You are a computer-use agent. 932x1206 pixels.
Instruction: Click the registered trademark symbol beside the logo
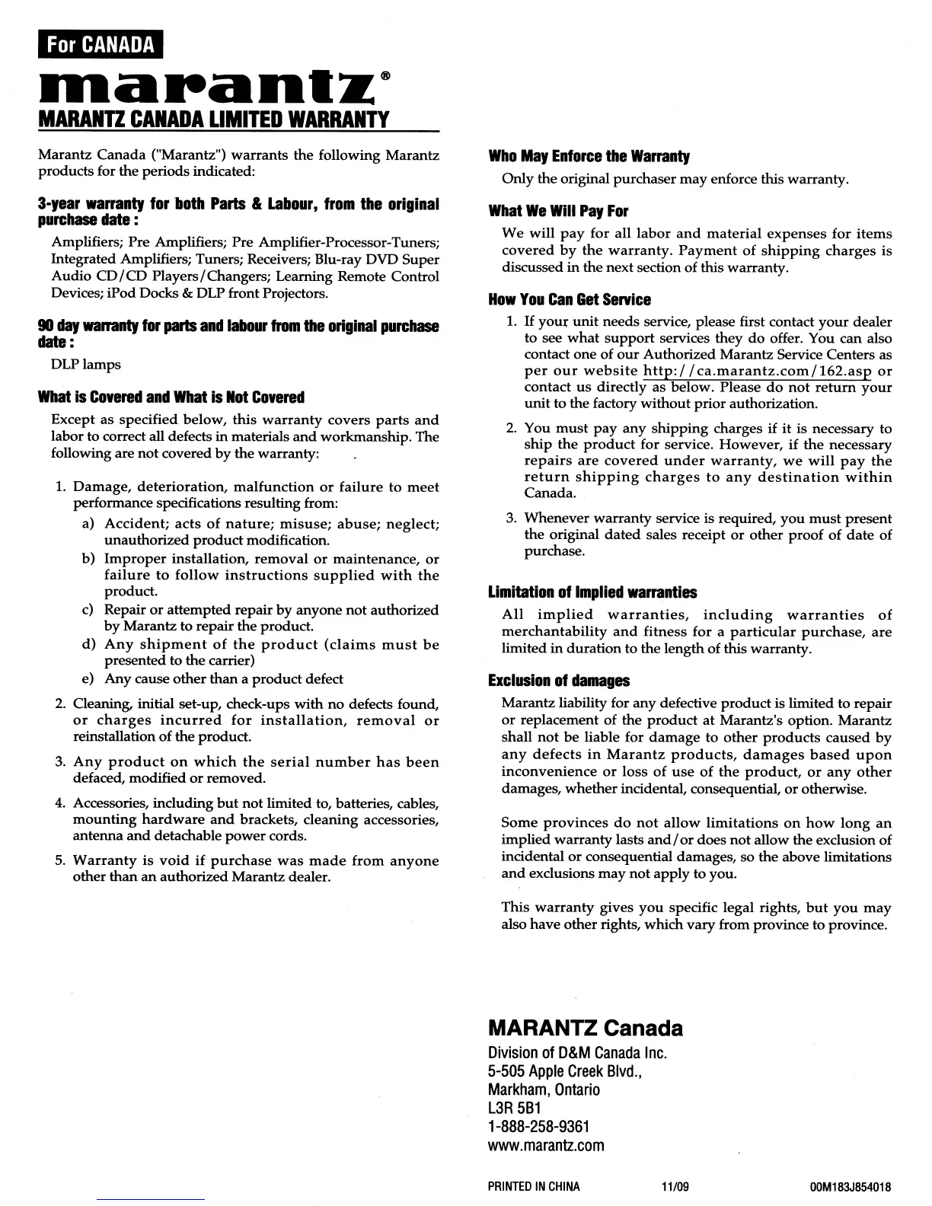click(x=387, y=76)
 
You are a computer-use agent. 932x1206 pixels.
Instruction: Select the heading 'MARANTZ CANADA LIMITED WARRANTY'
click(x=214, y=120)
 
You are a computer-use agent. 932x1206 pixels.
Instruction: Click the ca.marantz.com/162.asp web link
click(x=757, y=371)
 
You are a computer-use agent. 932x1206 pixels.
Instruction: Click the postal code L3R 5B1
click(x=512, y=1108)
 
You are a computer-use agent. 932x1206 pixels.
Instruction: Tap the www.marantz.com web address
click(x=545, y=1145)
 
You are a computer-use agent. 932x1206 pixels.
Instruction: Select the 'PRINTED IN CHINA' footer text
click(x=533, y=1186)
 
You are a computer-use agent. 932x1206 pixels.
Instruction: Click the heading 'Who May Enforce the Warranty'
click(x=589, y=157)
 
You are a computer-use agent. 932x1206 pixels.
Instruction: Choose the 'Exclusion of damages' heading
click(x=559, y=681)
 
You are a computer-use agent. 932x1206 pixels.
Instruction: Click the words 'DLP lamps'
click(x=86, y=364)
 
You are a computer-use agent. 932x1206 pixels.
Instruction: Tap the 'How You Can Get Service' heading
click(x=570, y=300)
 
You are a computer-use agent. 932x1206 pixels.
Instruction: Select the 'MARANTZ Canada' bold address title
click(x=585, y=1029)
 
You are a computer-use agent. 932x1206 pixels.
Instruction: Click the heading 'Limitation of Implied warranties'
click(x=592, y=592)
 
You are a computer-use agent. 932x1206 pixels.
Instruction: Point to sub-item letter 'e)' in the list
click(x=88, y=678)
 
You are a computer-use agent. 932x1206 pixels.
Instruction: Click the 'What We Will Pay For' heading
click(x=558, y=211)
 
